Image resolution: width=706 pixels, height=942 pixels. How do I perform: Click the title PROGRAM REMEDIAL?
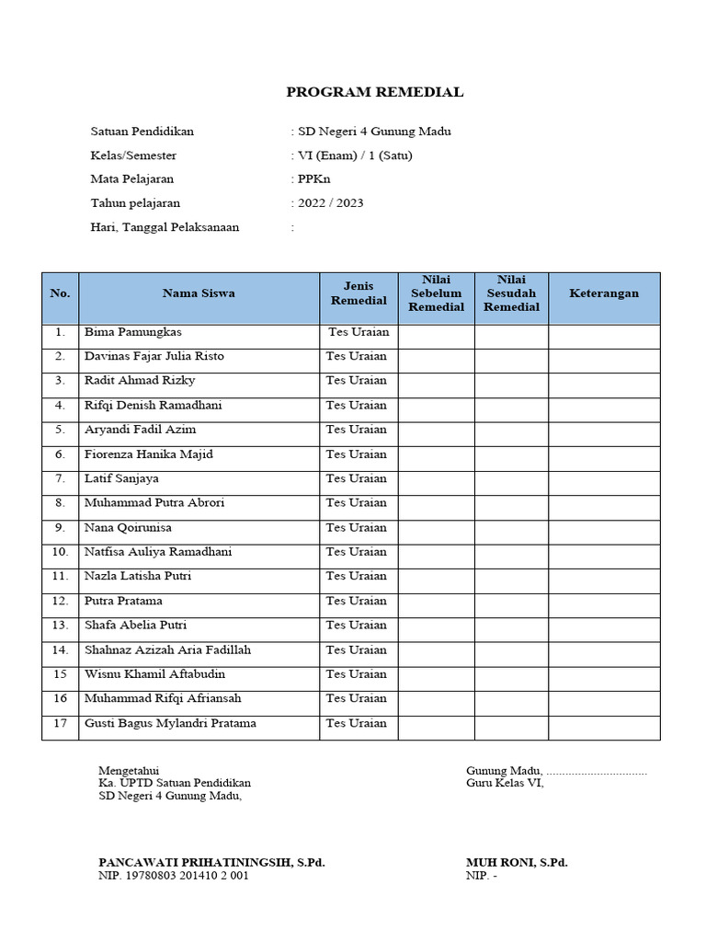coord(374,92)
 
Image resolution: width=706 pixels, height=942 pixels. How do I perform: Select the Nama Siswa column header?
coord(199,293)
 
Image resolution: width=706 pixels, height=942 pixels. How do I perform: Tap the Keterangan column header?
coord(604,293)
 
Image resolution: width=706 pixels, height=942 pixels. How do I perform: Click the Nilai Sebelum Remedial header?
coord(437,293)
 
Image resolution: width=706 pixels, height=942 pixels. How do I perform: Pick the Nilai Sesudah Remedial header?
coord(511,293)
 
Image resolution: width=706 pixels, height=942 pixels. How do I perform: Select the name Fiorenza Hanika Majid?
coord(148,454)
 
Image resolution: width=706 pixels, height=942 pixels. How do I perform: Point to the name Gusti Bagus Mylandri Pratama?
coord(170,724)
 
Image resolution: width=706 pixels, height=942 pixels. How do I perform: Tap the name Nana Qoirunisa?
coord(128,528)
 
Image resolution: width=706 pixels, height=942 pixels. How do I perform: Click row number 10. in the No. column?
coord(61,552)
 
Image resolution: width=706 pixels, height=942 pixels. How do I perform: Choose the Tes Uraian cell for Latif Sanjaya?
coord(357,478)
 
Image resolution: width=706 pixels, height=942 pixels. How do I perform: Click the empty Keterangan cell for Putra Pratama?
coord(604,602)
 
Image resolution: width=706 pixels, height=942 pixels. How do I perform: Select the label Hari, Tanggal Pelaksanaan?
coord(165,227)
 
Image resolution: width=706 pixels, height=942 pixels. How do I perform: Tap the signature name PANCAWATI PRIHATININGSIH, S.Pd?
coord(211,863)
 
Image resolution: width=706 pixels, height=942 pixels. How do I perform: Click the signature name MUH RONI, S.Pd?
coord(517,863)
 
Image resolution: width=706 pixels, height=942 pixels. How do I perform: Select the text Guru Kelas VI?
coord(505,784)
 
